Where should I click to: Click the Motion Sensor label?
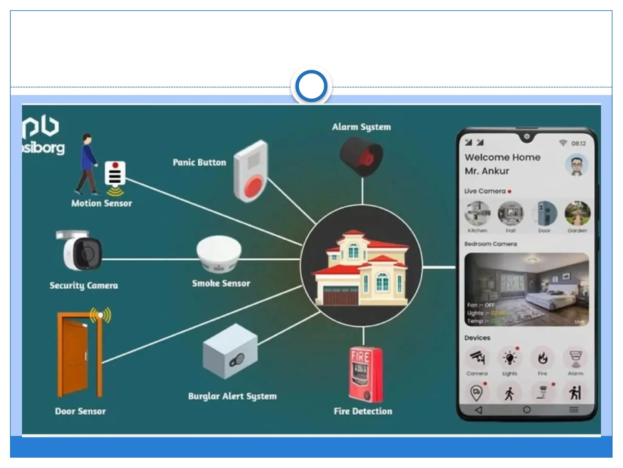click(102, 203)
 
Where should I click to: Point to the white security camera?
click(81, 251)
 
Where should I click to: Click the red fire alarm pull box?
click(365, 375)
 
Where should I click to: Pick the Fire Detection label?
click(363, 411)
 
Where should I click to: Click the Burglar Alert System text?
click(232, 396)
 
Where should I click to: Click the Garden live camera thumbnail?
click(577, 213)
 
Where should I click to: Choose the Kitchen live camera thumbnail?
click(477, 213)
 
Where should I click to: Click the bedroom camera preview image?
click(526, 289)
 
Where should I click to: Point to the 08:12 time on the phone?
click(578, 144)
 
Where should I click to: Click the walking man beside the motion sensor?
click(87, 165)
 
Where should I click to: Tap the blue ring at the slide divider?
click(311, 86)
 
